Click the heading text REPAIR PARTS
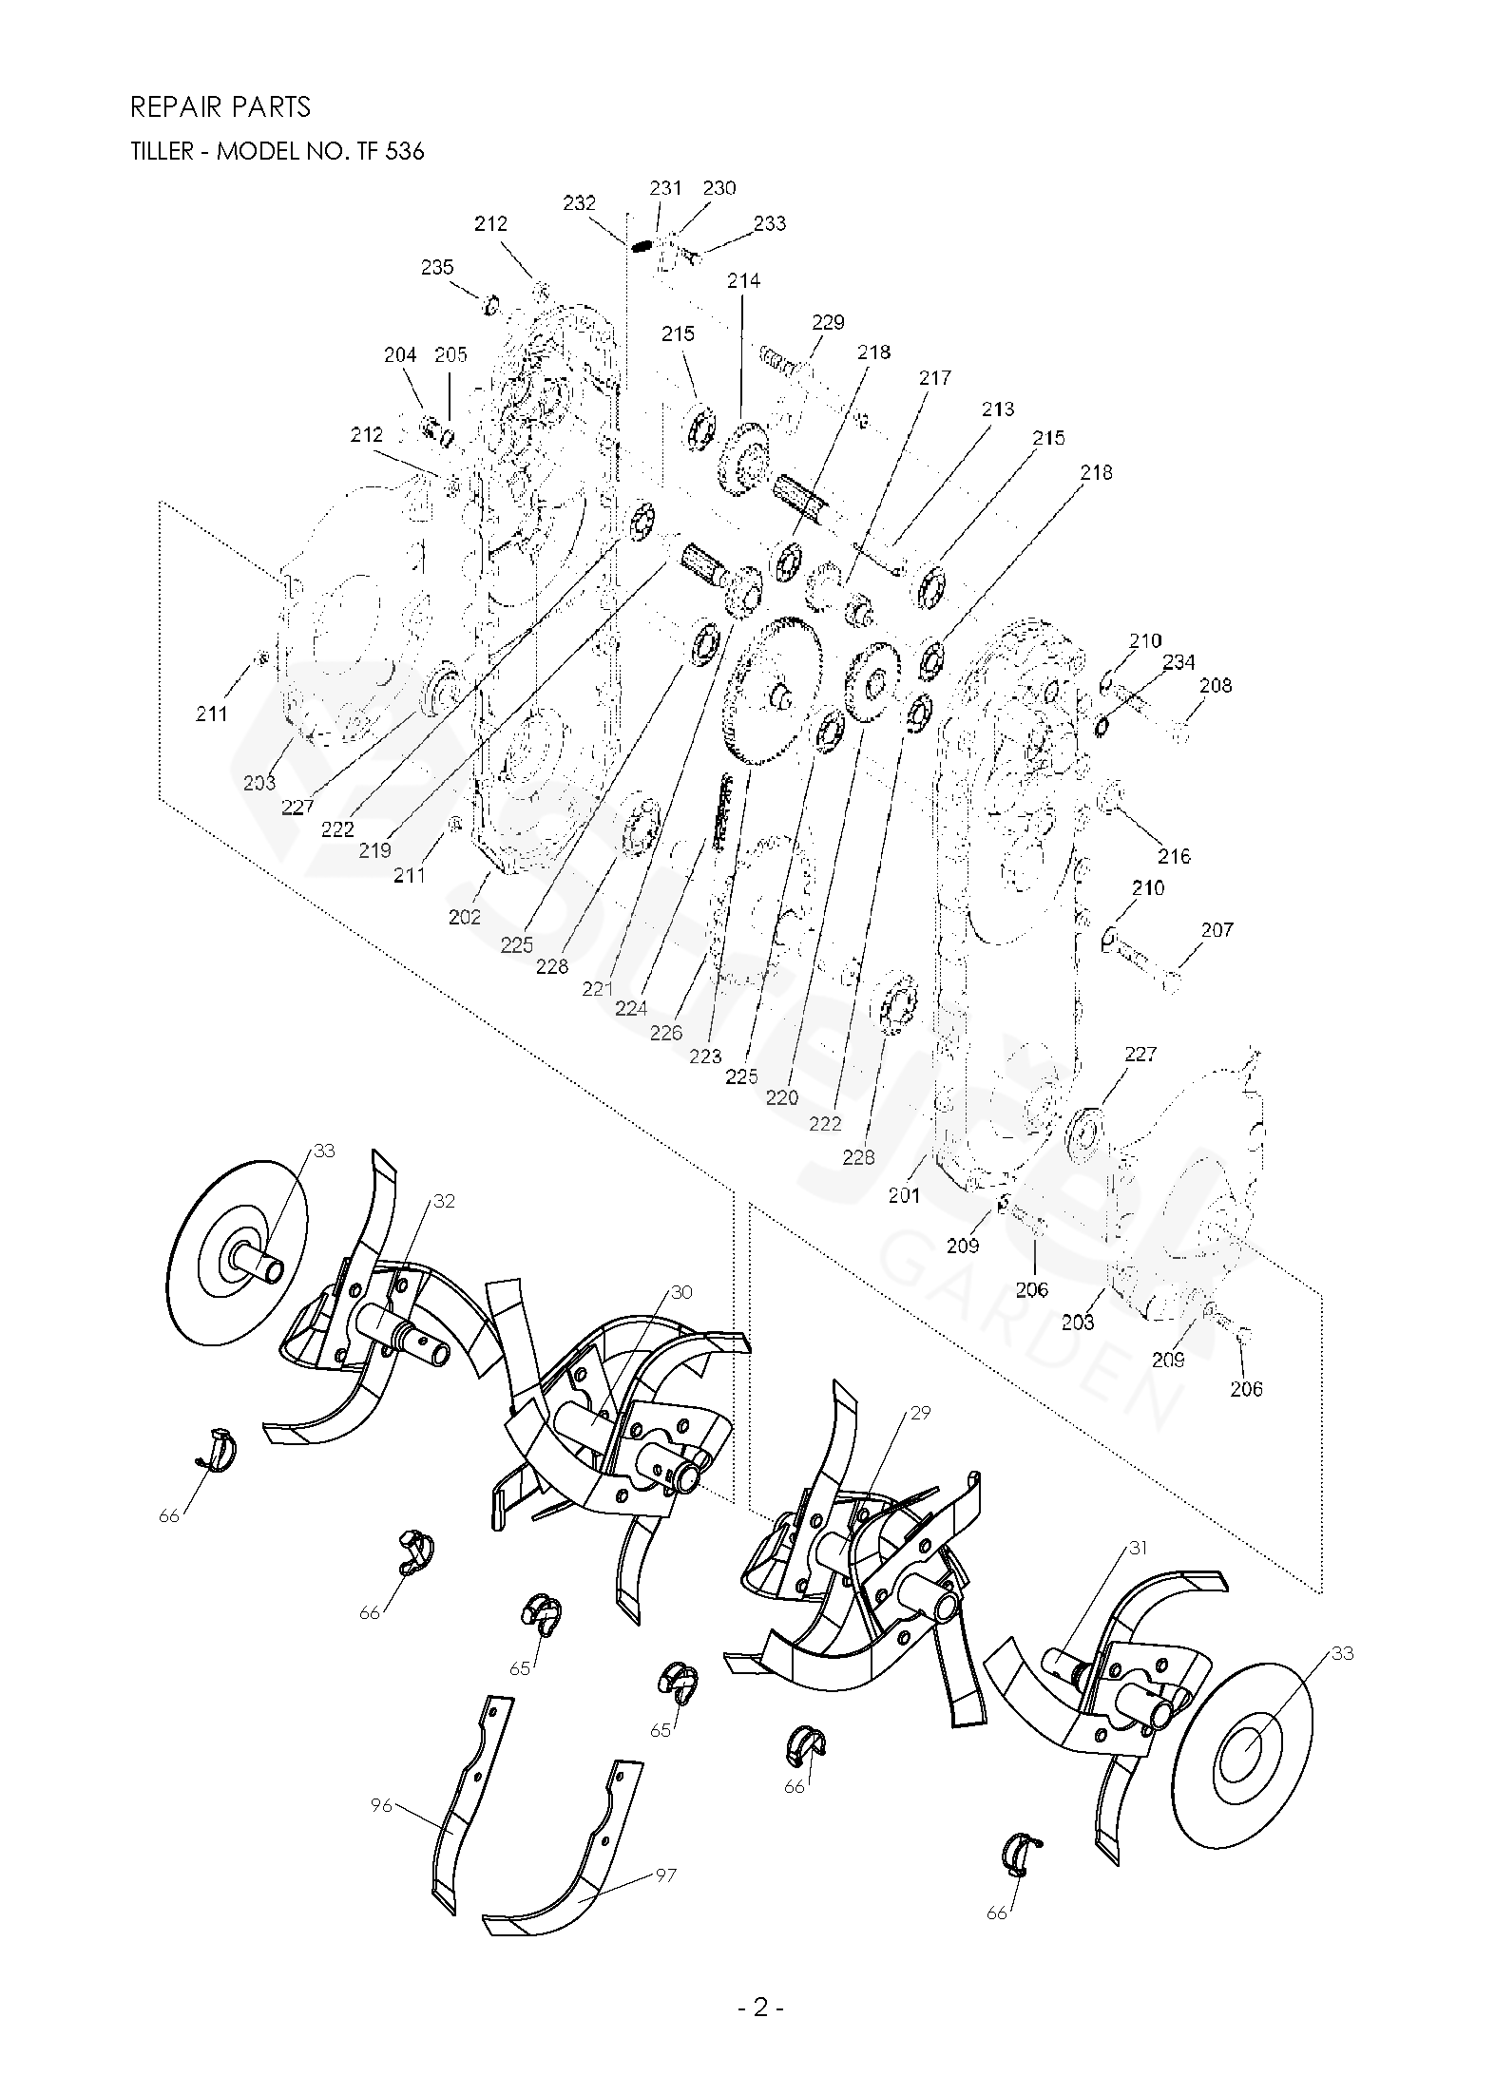pos(220,107)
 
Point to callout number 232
pos(579,202)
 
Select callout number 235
pos(437,268)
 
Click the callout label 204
pos(400,355)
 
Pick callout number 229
pos(828,322)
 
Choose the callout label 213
pos(998,409)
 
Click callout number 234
pos(1179,662)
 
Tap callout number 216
pos(1174,856)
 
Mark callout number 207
pos(1217,930)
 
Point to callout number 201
pos(904,1195)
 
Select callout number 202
pos(465,917)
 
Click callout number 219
pos(375,850)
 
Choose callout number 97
pos(665,1876)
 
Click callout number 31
pos(1138,1548)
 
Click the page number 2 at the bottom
pos(760,2053)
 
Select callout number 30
pos(681,1292)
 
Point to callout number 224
pos(631,1008)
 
